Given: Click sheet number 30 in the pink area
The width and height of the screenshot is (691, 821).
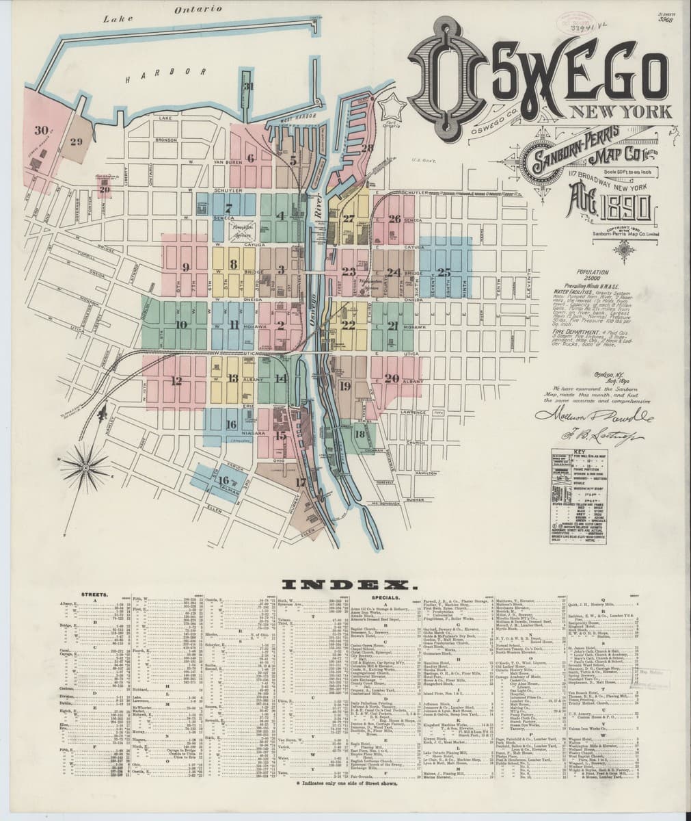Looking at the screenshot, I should point(42,130).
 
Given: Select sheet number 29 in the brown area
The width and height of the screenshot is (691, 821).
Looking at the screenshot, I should point(76,142).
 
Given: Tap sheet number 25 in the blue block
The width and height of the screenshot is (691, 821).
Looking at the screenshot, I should point(445,272).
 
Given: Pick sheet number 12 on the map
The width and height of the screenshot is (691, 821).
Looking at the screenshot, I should point(177,382).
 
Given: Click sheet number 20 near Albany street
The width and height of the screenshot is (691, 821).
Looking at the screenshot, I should point(392,378).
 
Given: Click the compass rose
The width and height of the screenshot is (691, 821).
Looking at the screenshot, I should point(88,468).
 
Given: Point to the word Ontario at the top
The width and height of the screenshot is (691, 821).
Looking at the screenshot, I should point(199,10).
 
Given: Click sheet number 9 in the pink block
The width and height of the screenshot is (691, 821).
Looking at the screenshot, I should point(185,266).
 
